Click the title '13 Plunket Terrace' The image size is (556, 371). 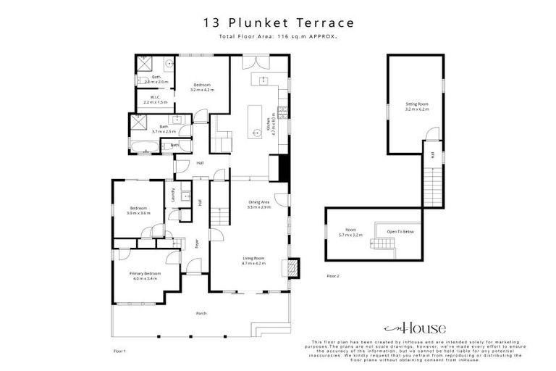point(278,22)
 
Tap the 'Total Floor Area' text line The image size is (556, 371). point(278,36)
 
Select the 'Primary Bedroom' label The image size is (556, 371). point(144,273)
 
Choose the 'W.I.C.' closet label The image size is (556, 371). point(155,97)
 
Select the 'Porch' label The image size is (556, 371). point(201,313)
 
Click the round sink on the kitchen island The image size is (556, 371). point(256,133)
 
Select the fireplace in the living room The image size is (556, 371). point(292,269)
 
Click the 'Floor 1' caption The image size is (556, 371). point(119,350)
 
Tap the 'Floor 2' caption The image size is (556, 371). point(333,276)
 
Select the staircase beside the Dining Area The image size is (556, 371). point(219,216)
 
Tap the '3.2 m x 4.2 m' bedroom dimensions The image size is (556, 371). point(202,90)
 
